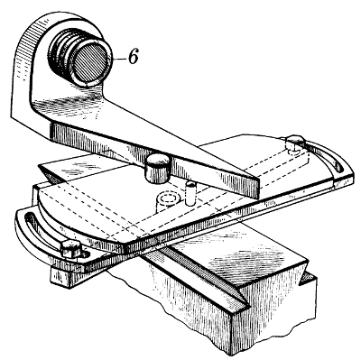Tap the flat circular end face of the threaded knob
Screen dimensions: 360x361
pos(89,60)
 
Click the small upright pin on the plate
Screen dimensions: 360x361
pos(191,190)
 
